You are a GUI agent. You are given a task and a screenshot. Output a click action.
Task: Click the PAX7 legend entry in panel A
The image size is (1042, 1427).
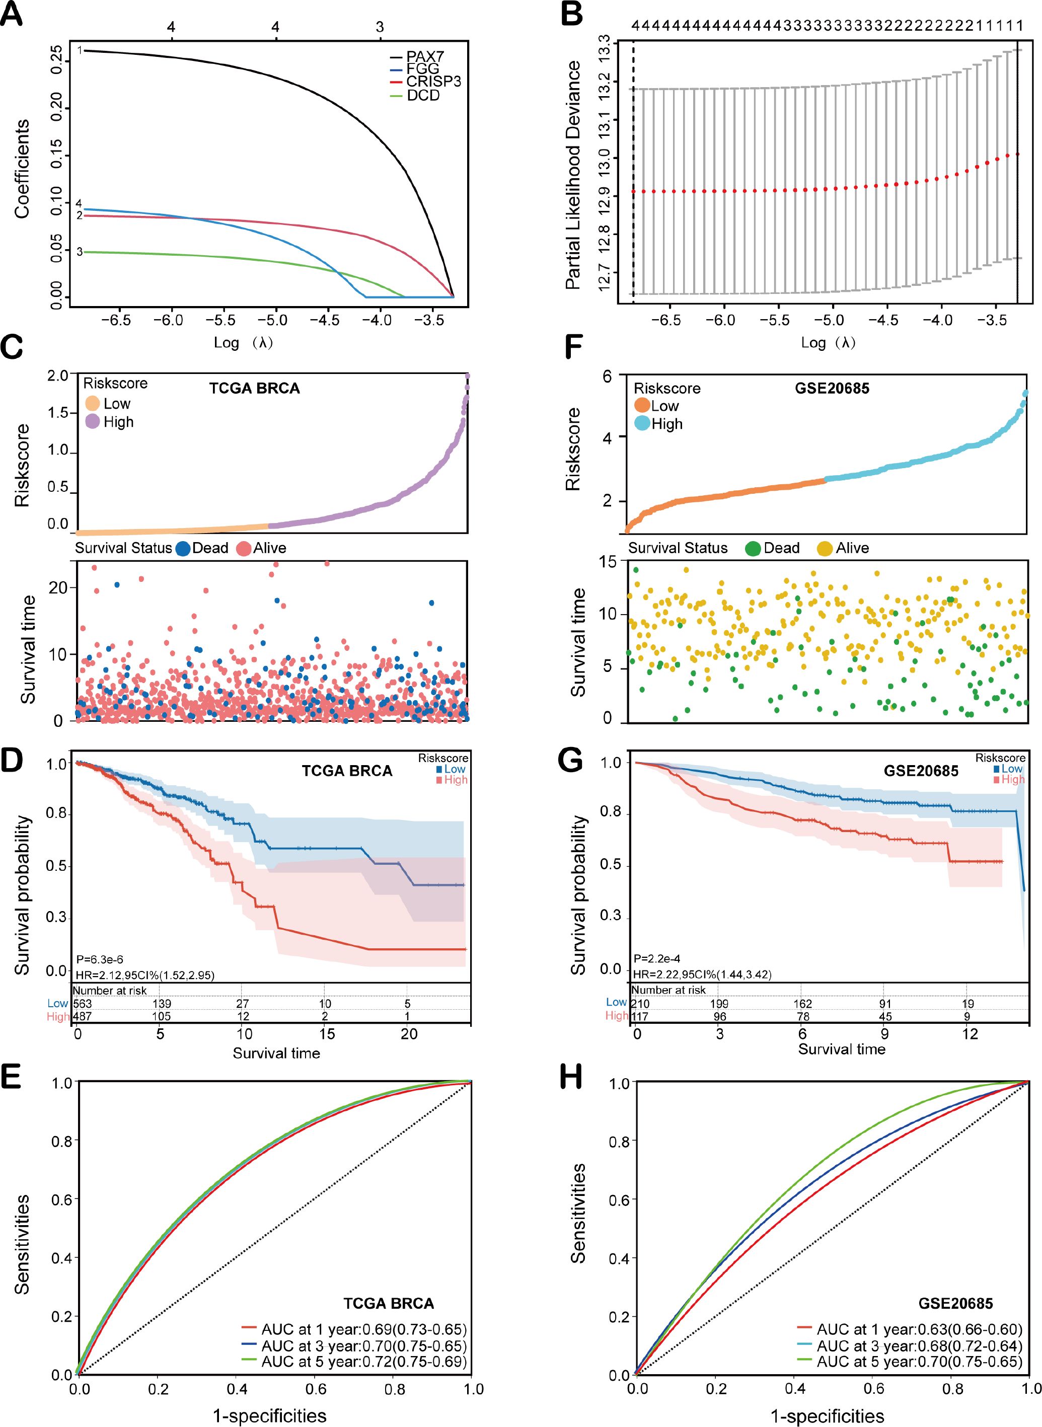424,57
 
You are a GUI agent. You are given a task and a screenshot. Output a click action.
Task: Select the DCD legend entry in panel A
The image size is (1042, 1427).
423,96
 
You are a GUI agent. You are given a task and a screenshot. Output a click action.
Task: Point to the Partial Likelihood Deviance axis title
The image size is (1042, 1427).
573,175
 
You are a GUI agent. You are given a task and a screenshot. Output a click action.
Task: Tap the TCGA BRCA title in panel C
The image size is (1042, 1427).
254,389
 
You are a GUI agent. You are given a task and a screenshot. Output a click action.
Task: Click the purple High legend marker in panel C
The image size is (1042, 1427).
93,422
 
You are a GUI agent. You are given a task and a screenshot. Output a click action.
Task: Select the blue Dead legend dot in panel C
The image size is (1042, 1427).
183,548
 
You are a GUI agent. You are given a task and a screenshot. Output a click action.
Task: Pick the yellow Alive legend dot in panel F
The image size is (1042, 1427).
825,549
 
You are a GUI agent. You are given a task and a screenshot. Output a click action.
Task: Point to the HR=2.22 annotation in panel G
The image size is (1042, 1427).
701,974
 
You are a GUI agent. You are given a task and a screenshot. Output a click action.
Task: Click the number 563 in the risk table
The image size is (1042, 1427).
83,1003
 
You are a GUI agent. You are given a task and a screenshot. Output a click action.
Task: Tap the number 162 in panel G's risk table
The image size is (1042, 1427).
802,1003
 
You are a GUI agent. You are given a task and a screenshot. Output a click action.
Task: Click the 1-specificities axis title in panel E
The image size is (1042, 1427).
269,1415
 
